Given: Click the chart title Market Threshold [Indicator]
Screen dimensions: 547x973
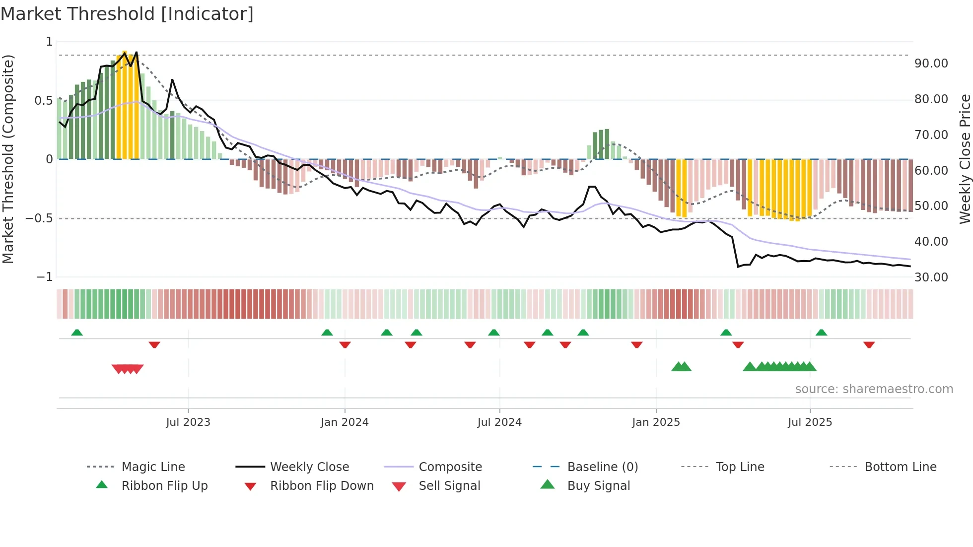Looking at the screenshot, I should click(x=127, y=14).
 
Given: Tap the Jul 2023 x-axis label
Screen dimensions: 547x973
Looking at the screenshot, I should click(x=188, y=422).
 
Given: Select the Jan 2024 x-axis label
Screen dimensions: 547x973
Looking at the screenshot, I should click(x=345, y=422).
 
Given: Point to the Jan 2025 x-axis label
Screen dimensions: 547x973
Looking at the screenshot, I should click(x=656, y=422).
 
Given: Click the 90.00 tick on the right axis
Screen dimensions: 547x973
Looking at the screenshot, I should click(x=931, y=64).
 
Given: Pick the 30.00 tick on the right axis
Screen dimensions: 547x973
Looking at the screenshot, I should click(x=931, y=277).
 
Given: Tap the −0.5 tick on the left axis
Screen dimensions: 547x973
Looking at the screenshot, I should click(x=39, y=218).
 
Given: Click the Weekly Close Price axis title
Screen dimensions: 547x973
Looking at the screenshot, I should click(x=965, y=159).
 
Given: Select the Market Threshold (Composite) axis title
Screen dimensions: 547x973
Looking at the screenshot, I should click(x=8, y=159).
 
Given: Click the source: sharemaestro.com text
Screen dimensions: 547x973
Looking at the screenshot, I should click(x=874, y=389).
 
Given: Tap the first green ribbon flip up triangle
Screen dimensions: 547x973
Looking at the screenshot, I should click(x=77, y=333).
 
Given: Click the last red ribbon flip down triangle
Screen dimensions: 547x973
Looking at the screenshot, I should click(x=869, y=344).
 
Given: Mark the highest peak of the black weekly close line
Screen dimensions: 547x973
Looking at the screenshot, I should click(x=136, y=52).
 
